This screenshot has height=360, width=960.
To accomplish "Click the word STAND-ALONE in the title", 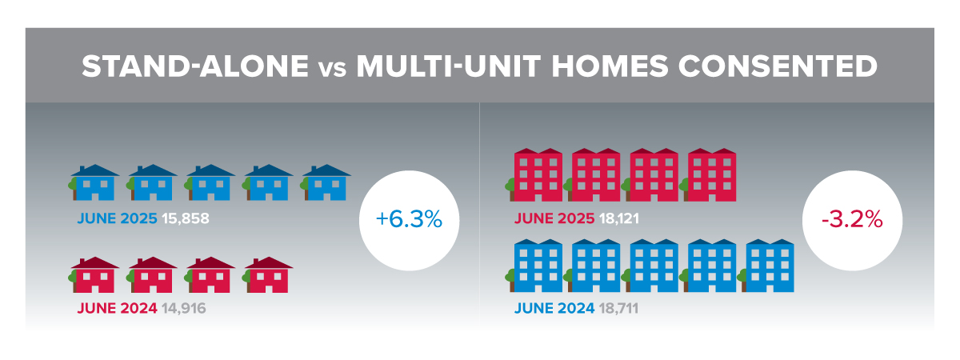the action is click(x=195, y=66).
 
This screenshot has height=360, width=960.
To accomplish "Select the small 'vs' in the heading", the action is click(x=333, y=70).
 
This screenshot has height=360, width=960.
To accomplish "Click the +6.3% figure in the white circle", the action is click(x=409, y=219).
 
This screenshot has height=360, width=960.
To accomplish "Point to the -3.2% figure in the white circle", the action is click(x=852, y=219).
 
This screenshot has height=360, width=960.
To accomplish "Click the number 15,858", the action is click(x=186, y=218).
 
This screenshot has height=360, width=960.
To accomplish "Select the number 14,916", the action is click(x=184, y=308).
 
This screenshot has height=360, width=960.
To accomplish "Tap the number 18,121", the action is click(x=619, y=218).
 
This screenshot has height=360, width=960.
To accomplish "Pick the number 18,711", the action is click(x=618, y=308).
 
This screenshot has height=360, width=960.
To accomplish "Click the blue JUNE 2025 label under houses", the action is click(x=117, y=218).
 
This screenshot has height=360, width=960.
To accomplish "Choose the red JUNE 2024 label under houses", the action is click(x=117, y=308).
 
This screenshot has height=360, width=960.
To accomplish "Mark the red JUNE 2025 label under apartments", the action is click(x=554, y=218).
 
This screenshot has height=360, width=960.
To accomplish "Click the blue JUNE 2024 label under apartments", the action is click(x=554, y=308).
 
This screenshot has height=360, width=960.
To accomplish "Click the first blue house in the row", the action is click(x=94, y=182).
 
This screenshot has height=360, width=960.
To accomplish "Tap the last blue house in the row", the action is click(x=326, y=182).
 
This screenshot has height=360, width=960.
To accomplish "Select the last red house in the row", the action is click(x=267, y=275).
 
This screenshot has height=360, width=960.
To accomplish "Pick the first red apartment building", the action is click(x=534, y=175).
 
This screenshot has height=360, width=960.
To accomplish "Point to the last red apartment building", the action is click(x=708, y=175).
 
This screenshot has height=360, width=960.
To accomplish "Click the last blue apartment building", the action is click(x=766, y=266).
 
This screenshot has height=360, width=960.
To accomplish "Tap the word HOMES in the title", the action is click(x=610, y=66).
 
